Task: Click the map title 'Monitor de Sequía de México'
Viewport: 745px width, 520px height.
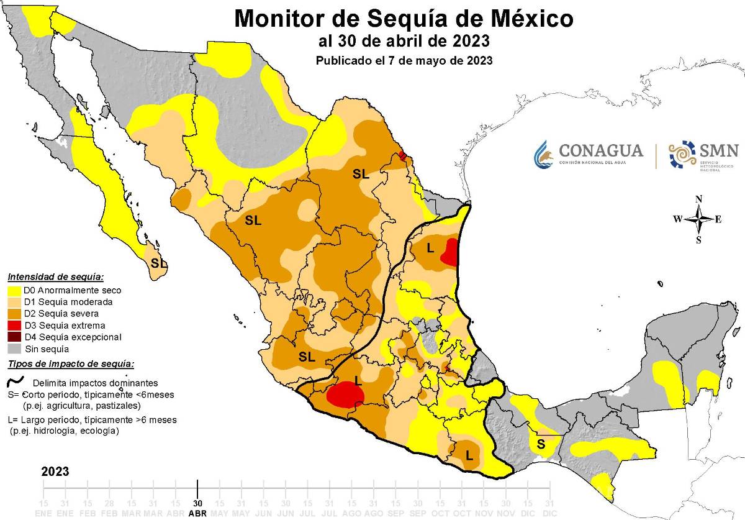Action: tap(404, 19)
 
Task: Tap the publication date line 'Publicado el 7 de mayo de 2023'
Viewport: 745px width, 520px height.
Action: tap(404, 61)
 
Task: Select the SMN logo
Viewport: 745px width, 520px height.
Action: tap(703, 154)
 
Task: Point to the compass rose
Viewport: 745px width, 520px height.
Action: tap(699, 219)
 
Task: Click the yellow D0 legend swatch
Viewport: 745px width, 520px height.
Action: tap(14, 290)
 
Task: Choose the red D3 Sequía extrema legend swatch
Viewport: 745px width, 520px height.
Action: tap(14, 326)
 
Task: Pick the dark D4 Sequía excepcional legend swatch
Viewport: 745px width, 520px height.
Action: tap(14, 337)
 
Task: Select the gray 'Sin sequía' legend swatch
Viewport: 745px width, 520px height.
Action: tap(14, 349)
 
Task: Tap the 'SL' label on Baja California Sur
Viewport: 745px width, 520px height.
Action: tap(159, 263)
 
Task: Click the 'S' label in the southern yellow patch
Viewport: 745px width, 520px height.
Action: tap(541, 444)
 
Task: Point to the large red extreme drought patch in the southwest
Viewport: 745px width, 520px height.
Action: tap(345, 395)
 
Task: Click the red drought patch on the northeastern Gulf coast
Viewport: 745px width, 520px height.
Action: tap(453, 252)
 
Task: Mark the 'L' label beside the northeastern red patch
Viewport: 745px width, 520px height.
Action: tap(430, 248)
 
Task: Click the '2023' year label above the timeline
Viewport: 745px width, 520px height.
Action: tap(55, 472)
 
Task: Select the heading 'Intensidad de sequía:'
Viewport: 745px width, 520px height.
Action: tap(55, 277)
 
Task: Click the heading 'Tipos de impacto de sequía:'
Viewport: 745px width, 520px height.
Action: tap(70, 365)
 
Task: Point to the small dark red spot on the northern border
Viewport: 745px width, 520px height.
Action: tap(402, 155)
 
